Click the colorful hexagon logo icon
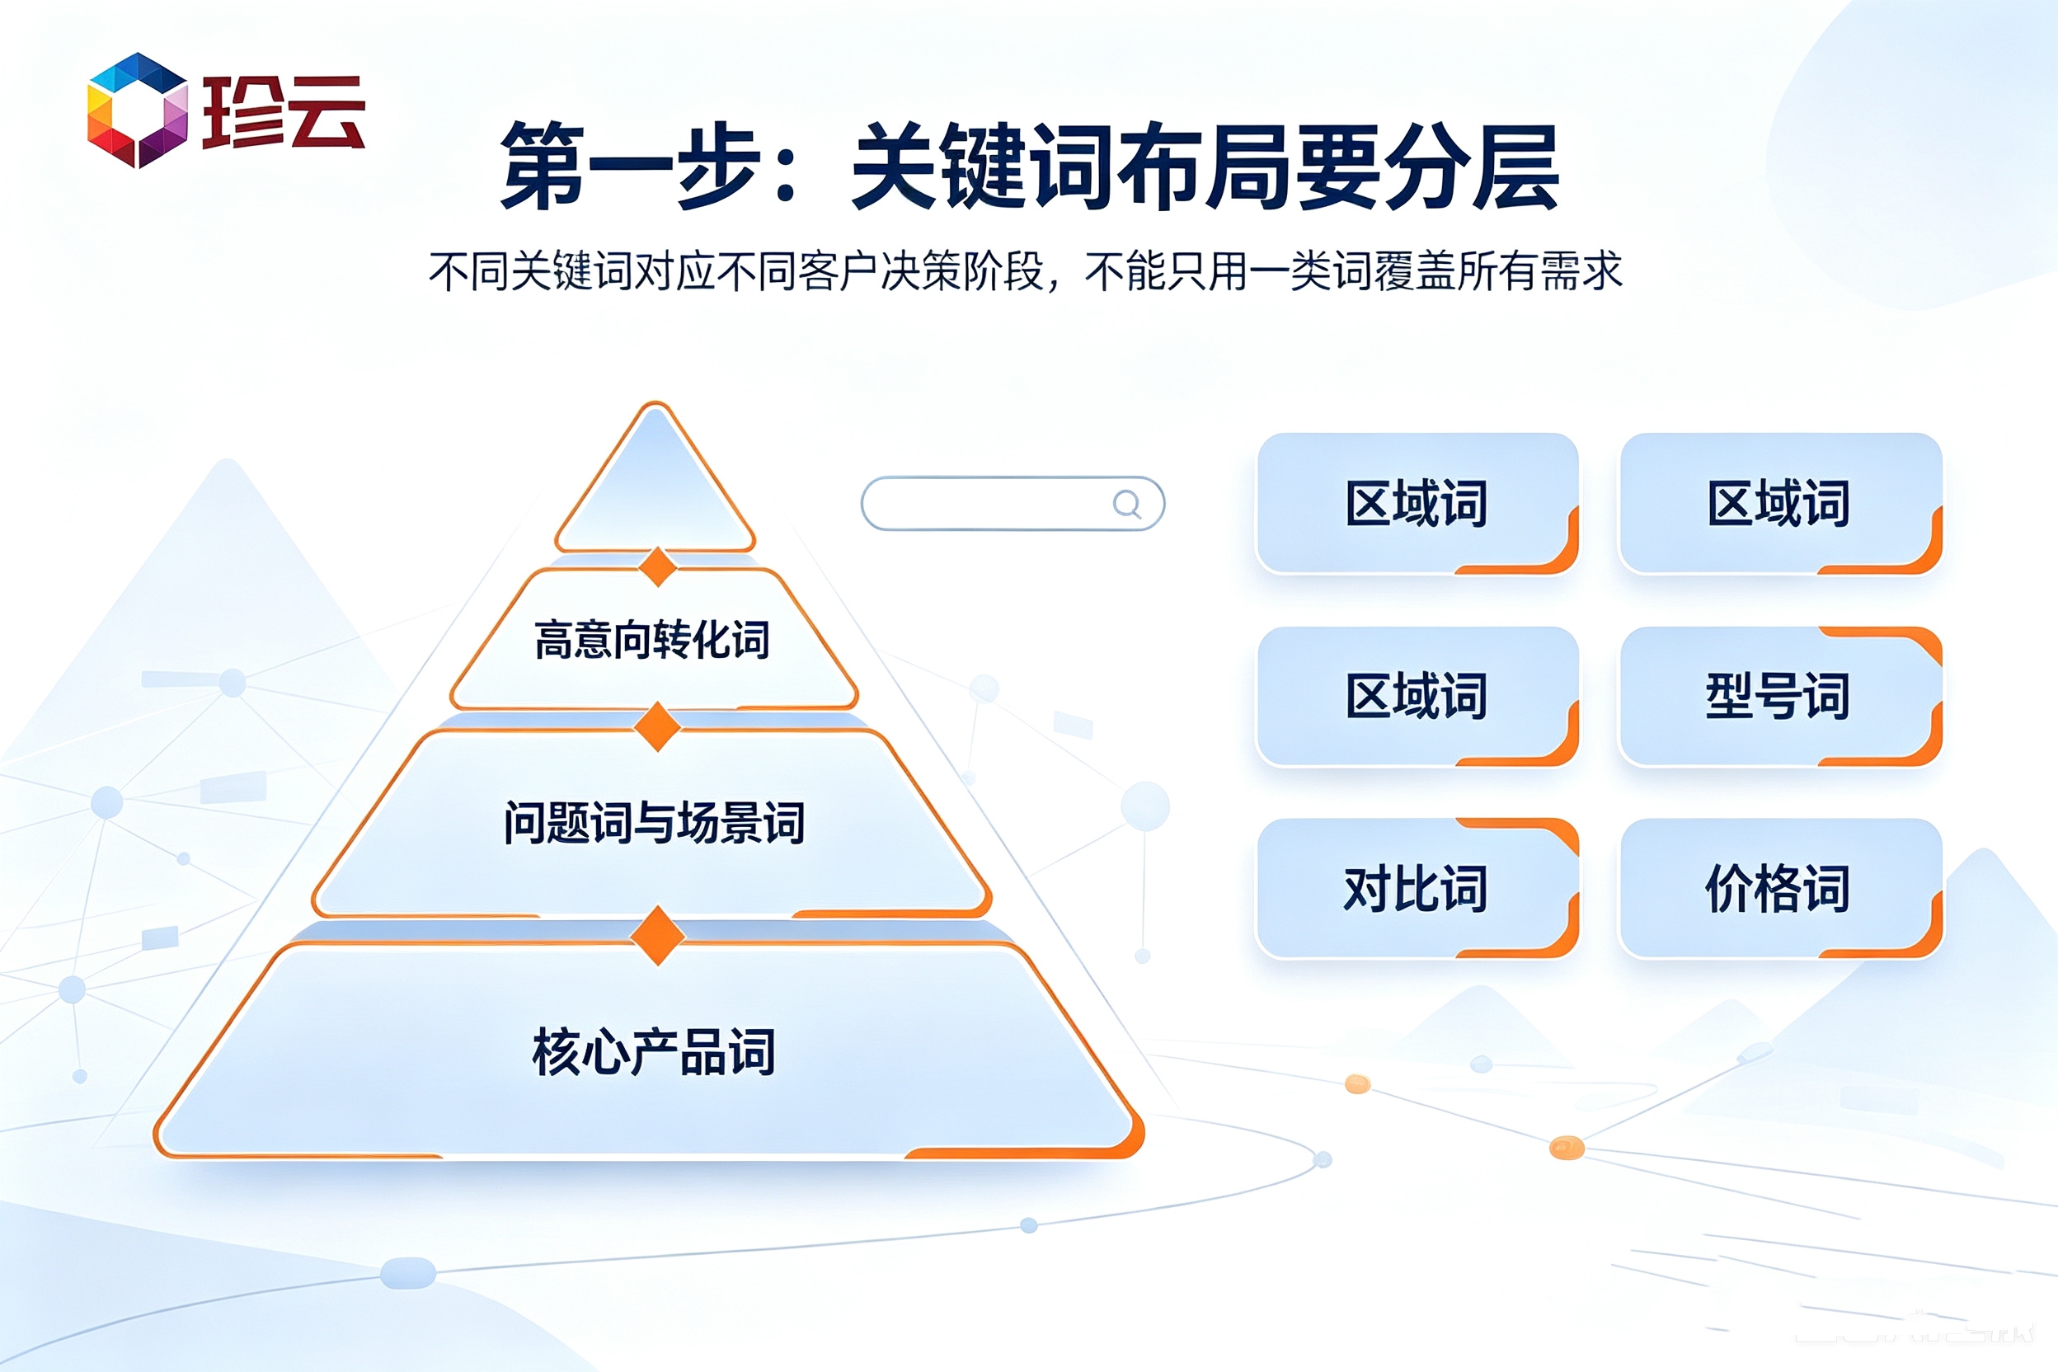point(138,110)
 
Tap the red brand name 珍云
point(284,112)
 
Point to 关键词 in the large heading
point(984,166)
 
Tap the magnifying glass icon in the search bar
point(1127,504)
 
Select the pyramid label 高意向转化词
point(652,640)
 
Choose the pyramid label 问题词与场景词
point(654,823)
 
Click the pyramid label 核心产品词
point(654,1051)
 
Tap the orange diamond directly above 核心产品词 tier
point(657,937)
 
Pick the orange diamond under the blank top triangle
point(657,567)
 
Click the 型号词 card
point(1781,697)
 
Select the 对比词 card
point(1417,888)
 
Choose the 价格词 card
point(1781,888)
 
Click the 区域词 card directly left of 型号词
point(1417,697)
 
